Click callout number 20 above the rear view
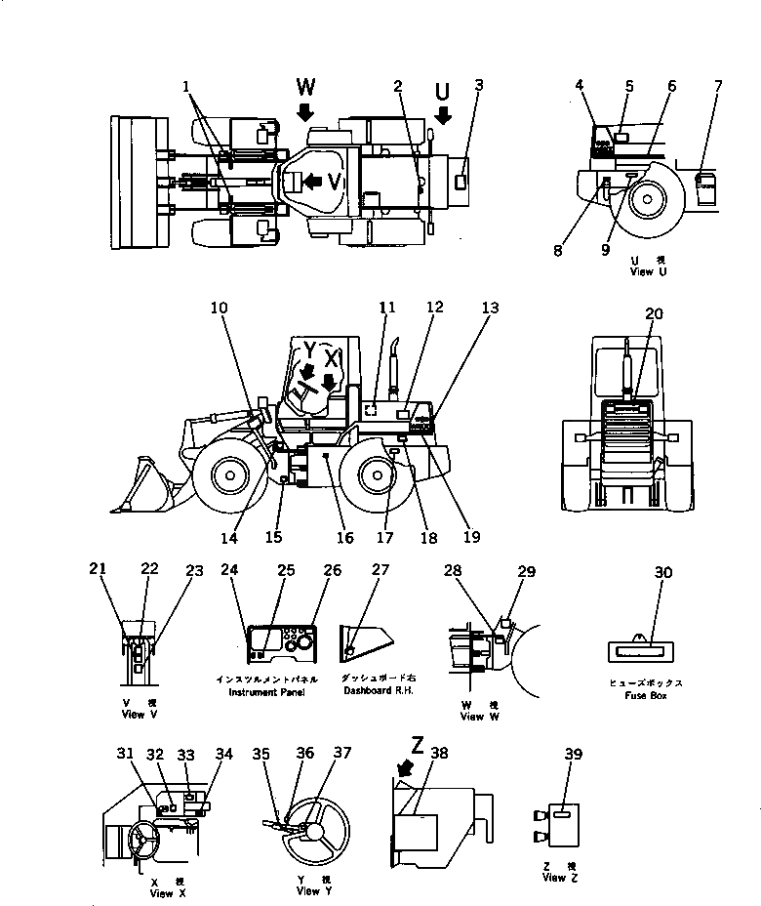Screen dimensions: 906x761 coord(653,313)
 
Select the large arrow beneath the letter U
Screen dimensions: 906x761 coord(443,114)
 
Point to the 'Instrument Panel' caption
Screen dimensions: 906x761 coord(266,691)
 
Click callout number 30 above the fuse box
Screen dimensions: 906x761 coord(663,573)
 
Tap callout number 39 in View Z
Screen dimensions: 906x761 coord(573,753)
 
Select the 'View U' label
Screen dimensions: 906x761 coord(649,272)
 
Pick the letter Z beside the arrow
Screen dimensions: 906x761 coord(417,747)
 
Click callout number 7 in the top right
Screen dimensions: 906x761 coord(718,86)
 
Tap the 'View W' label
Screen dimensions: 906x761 coord(472,716)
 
